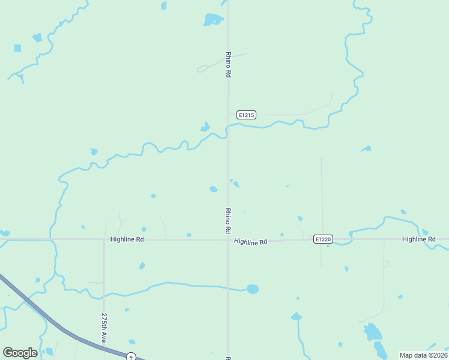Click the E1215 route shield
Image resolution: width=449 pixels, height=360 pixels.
pos(246,115)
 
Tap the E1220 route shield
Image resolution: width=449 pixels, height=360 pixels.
pos(323,239)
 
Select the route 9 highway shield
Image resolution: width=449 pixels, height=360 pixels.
pos(131,357)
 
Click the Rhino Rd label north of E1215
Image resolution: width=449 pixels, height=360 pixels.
pos(228,64)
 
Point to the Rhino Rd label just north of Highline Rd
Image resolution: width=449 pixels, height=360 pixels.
pos(228,220)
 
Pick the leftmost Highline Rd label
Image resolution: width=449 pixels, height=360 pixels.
pos(127,239)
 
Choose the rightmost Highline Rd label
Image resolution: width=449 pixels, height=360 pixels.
pos(418,239)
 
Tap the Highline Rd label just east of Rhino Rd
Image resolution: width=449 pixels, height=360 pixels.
pos(250,242)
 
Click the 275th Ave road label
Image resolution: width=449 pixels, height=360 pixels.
pos(104,327)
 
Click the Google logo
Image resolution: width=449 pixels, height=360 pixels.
pos(20,353)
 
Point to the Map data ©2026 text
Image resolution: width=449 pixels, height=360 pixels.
pos(423,355)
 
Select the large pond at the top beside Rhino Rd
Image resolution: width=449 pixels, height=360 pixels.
pos(212,20)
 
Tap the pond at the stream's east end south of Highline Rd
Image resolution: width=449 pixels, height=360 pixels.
pos(253,289)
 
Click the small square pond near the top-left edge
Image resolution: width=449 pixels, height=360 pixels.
pos(17,48)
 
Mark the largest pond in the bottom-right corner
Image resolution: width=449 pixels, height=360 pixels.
pos(372,332)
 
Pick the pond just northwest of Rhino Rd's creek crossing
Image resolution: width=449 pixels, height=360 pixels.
pos(205,127)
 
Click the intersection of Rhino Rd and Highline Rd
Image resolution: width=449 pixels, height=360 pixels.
pos(228,240)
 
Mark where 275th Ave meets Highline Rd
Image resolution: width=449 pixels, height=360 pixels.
pos(104,239)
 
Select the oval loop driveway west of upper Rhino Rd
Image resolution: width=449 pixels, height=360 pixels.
pos(203,68)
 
